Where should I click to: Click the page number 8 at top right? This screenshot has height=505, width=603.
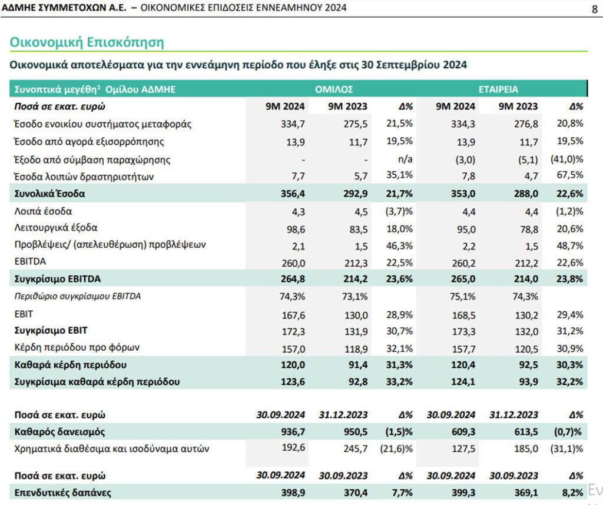click(x=595, y=8)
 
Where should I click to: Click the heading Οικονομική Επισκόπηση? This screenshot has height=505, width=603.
click(x=87, y=42)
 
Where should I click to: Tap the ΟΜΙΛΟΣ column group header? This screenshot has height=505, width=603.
click(x=334, y=89)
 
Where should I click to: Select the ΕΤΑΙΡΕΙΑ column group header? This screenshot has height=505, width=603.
click(x=498, y=89)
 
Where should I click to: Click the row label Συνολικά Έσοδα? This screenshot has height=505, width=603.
click(x=49, y=193)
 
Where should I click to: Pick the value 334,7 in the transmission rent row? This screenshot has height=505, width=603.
click(x=293, y=124)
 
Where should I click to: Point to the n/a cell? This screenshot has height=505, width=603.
click(x=405, y=159)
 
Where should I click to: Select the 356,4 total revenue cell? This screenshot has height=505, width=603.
click(x=293, y=193)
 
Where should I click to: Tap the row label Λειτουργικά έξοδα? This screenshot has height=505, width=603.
click(x=56, y=228)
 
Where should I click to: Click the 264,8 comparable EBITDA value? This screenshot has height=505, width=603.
click(x=293, y=278)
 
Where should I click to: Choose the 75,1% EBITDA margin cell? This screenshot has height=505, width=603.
click(x=463, y=296)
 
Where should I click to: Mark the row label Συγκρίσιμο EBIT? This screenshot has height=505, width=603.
click(x=51, y=331)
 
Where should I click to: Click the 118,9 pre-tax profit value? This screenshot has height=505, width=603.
click(x=356, y=348)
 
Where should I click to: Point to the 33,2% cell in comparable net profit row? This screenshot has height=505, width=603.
click(x=399, y=381)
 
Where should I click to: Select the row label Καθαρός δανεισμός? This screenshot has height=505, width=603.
click(x=59, y=431)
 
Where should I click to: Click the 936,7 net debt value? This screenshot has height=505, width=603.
click(x=293, y=431)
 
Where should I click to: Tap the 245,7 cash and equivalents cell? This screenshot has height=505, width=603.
click(x=356, y=448)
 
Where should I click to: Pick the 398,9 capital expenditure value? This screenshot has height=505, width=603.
click(x=293, y=493)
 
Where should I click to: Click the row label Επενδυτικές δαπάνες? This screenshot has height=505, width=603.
click(x=62, y=493)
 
